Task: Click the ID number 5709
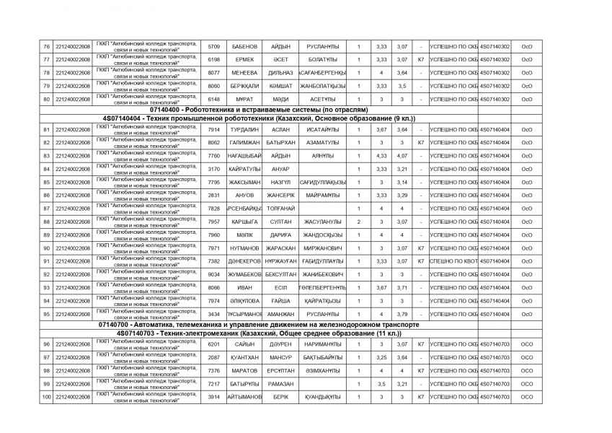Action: click(213, 46)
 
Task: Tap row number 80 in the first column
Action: click(46, 99)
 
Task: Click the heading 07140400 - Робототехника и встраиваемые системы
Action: click(260, 109)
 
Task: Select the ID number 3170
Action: click(213, 169)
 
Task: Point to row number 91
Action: click(46, 261)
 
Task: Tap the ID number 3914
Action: click(213, 397)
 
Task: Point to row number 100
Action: click(46, 397)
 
